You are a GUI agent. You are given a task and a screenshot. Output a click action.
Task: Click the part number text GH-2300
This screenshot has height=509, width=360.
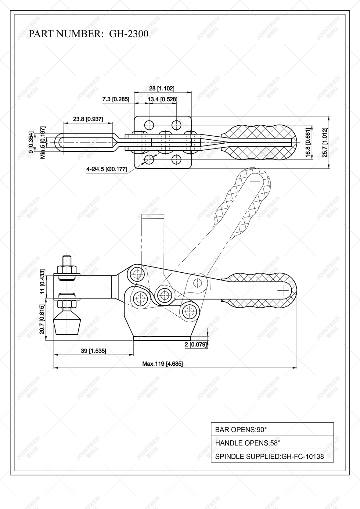click(129, 34)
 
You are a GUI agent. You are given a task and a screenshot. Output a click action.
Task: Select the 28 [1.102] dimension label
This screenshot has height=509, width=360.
click(162, 88)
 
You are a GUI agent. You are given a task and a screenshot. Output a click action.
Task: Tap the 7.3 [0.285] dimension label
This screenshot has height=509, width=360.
click(116, 99)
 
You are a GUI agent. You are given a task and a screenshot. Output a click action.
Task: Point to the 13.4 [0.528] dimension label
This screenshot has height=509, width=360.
click(162, 99)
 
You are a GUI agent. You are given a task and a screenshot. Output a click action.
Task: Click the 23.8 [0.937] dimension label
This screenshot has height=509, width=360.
click(88, 119)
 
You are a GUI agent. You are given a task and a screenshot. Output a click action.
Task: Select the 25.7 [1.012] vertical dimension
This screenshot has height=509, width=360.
click(325, 142)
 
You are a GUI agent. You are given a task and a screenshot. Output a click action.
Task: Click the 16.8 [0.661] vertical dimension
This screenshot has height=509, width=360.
click(308, 142)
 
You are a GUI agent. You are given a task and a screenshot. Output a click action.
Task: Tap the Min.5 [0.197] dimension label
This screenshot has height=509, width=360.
click(43, 142)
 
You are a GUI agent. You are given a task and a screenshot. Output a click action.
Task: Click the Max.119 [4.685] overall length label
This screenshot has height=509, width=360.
click(162, 364)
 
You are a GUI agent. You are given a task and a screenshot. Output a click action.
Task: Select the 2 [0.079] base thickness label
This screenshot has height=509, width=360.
click(196, 345)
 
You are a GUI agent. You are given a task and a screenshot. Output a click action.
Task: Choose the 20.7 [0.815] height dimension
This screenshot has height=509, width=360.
click(42, 319)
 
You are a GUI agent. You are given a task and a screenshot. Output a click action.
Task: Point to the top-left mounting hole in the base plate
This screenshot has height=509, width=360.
click(149, 124)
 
